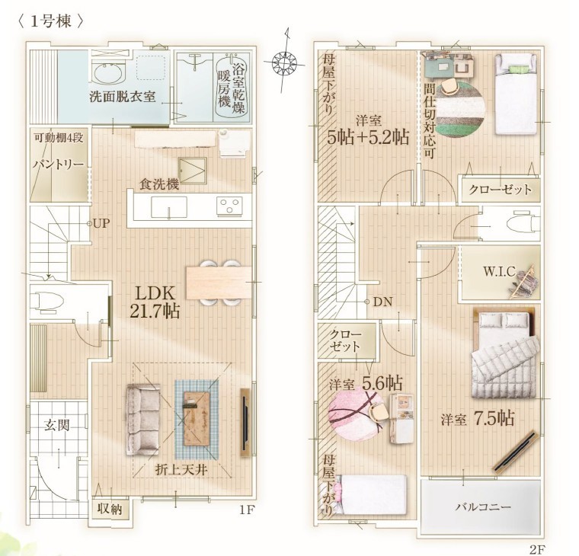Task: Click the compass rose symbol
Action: [x=284, y=62]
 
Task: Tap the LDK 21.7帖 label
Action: [x=155, y=302]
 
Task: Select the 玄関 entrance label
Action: [x=57, y=425]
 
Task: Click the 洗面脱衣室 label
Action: [x=123, y=97]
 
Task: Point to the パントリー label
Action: [x=59, y=164]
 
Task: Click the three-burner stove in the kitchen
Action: [x=229, y=205]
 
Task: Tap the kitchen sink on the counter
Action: [x=169, y=207]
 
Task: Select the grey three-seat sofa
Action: [x=143, y=419]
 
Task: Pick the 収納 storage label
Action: [x=110, y=509]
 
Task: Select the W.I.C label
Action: [x=499, y=272]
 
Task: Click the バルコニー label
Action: [x=483, y=507]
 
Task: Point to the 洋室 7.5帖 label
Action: [x=477, y=419]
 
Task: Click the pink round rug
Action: [x=356, y=417]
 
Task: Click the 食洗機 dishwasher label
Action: [x=159, y=184]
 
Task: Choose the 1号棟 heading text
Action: [x=50, y=22]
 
